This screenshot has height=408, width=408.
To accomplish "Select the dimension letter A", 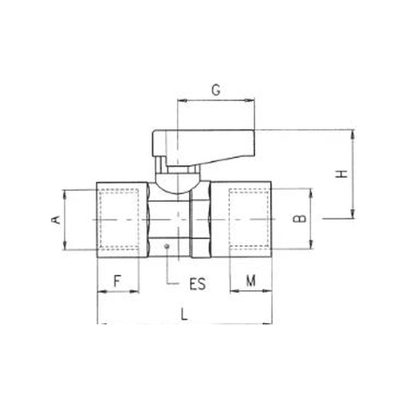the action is (56, 220).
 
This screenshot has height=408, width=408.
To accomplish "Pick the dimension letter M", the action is (251, 281).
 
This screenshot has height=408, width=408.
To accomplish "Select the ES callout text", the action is (197, 284).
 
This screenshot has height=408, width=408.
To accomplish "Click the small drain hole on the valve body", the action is (167, 246).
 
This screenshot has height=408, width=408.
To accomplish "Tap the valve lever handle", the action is (203, 148).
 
